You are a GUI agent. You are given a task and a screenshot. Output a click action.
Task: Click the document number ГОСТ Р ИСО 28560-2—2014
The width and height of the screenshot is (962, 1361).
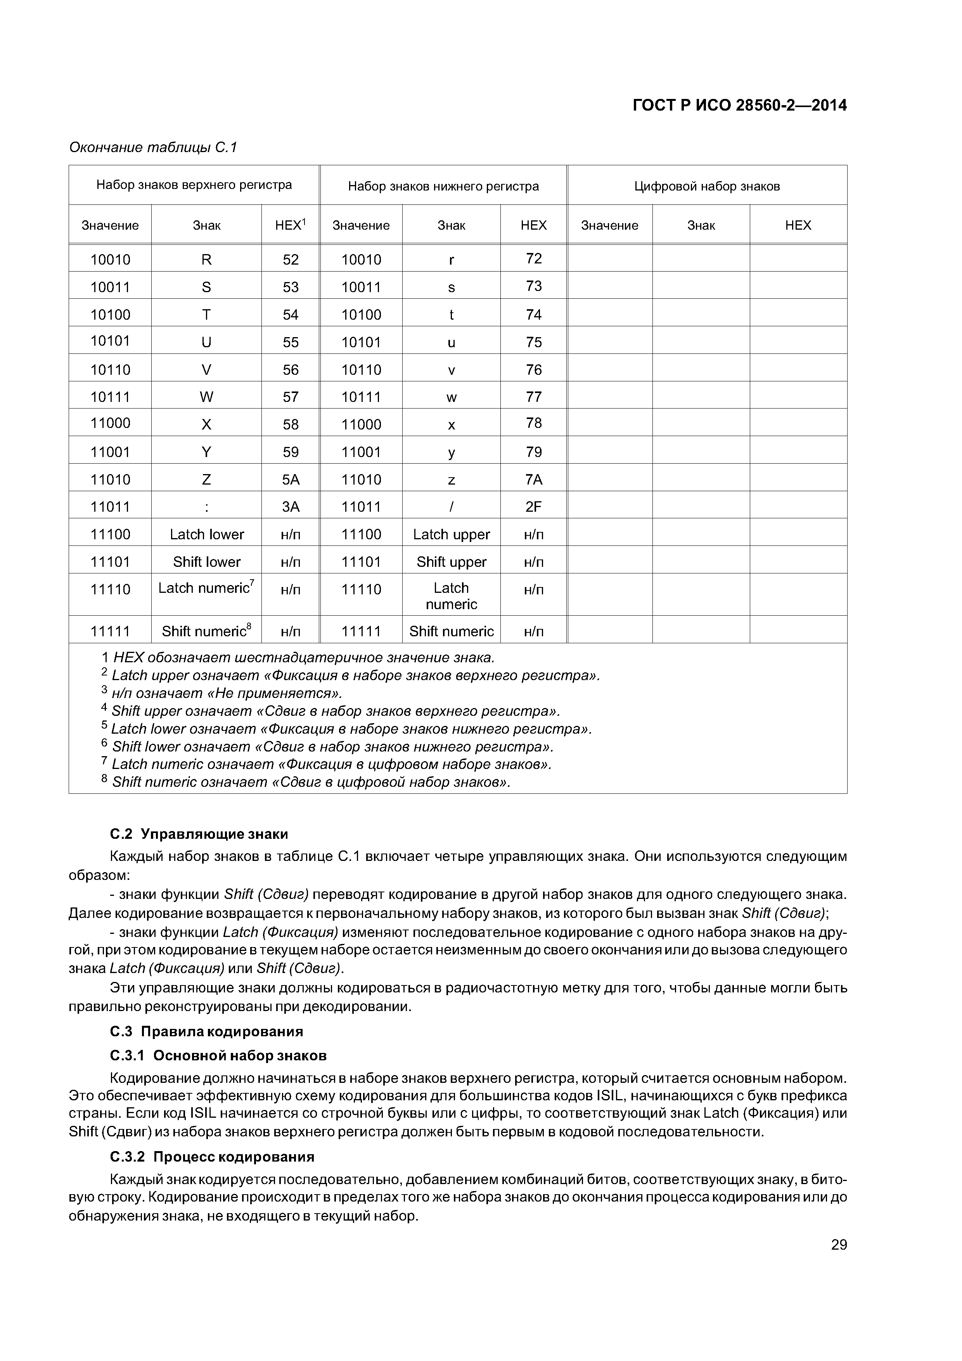[x=739, y=106]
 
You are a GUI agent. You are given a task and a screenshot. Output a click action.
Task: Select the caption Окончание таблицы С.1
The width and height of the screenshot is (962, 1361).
[x=153, y=147]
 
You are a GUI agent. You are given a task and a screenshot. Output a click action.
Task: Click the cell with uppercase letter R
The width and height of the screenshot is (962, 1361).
[x=206, y=260]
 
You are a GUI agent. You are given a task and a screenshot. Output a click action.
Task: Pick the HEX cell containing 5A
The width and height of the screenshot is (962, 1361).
[x=291, y=480]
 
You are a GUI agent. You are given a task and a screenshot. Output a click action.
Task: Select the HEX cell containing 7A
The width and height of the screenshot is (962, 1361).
[x=533, y=480]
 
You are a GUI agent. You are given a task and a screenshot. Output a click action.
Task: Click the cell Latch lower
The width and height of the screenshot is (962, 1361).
[x=206, y=535]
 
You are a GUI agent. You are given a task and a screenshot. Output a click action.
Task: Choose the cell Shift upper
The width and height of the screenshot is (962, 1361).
[x=451, y=562]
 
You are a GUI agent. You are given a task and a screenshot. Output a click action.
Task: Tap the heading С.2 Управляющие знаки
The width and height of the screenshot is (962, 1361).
[x=199, y=835]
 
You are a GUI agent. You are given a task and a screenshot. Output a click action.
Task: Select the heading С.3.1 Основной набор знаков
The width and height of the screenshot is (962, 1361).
[x=218, y=1056]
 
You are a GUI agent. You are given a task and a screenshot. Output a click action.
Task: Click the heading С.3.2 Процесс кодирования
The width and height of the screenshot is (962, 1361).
[x=212, y=1157]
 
